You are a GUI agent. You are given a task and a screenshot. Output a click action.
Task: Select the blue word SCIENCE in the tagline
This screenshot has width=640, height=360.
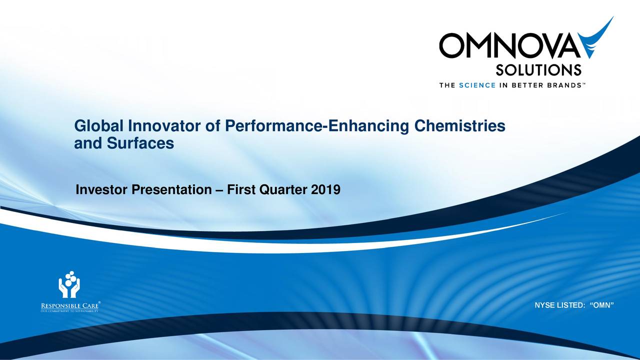click(476, 85)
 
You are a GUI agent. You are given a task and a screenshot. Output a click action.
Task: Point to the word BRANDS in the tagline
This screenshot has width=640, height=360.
click(562, 85)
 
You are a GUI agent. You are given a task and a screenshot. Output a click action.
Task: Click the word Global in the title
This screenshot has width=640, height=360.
click(99, 127)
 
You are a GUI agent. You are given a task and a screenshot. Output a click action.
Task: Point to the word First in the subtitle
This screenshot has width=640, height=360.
click(241, 190)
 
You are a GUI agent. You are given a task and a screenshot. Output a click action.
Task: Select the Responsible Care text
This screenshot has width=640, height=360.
click(69, 305)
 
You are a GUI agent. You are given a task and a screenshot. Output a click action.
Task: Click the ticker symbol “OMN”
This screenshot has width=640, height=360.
click(601, 305)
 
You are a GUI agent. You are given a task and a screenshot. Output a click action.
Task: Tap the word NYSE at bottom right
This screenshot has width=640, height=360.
click(545, 305)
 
